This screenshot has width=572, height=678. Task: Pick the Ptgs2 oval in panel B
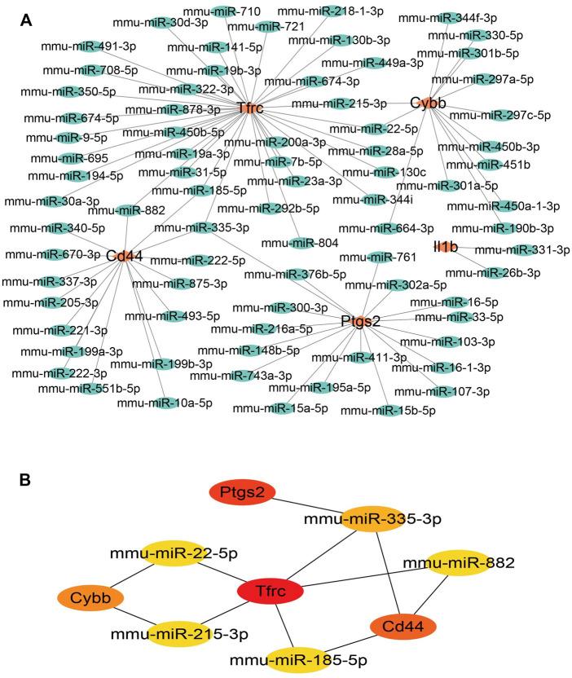pos(243,493)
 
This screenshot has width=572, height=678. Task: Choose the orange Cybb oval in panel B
pos(90,599)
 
